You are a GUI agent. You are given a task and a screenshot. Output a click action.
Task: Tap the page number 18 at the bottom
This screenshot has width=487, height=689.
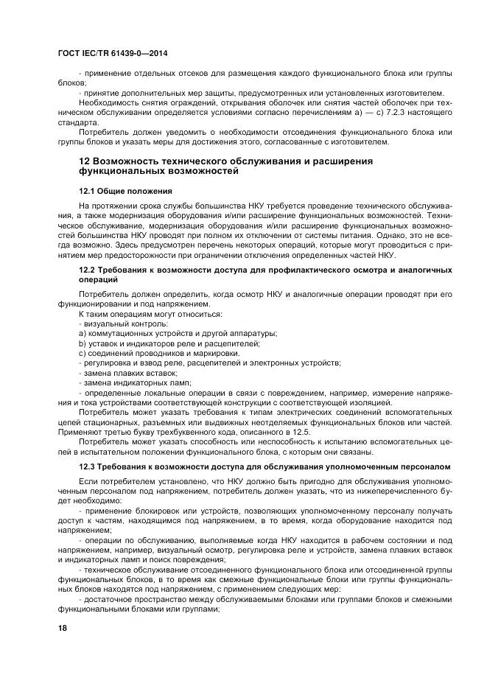click(x=63, y=627)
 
